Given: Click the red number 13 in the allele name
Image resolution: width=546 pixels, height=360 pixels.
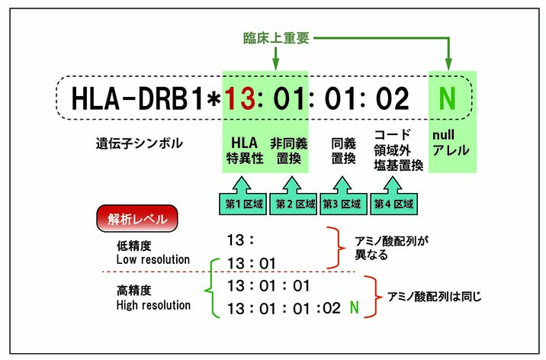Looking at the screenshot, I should coord(237,98).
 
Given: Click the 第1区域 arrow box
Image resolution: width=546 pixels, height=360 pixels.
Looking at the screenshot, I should coord(240,199).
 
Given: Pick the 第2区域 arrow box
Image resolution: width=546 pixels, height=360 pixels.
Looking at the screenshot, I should coord(291,199).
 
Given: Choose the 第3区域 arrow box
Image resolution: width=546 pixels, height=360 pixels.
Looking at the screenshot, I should coord(341,199).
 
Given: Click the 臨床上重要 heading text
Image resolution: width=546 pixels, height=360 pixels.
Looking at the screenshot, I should coord(284,37).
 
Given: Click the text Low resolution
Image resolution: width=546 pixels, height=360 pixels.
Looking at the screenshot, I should coord(153,259).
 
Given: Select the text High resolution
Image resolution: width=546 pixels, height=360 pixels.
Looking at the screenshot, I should coord(153,305).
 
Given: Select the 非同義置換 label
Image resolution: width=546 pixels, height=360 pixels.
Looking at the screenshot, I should coord(287,149).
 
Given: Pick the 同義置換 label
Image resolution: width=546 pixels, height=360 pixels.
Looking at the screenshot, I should coord(340,149).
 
